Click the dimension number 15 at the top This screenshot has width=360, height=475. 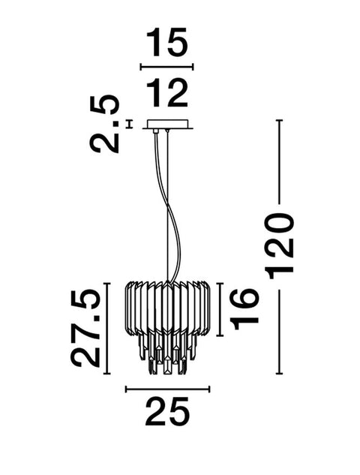pyautogui.click(x=166, y=42)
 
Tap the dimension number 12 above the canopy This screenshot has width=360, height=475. pyautogui.click(x=166, y=92)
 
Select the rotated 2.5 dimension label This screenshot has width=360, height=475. pyautogui.click(x=104, y=123)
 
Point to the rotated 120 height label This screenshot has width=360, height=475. pyautogui.click(x=279, y=246)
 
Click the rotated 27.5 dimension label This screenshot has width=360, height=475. pyautogui.click(x=85, y=329)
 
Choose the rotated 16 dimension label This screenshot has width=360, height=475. pyautogui.click(x=244, y=309)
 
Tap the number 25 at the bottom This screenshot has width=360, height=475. pyautogui.click(x=167, y=412)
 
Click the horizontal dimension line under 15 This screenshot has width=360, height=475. pyautogui.click(x=166, y=67)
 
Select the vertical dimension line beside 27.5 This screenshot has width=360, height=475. pyautogui.click(x=106, y=329)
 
